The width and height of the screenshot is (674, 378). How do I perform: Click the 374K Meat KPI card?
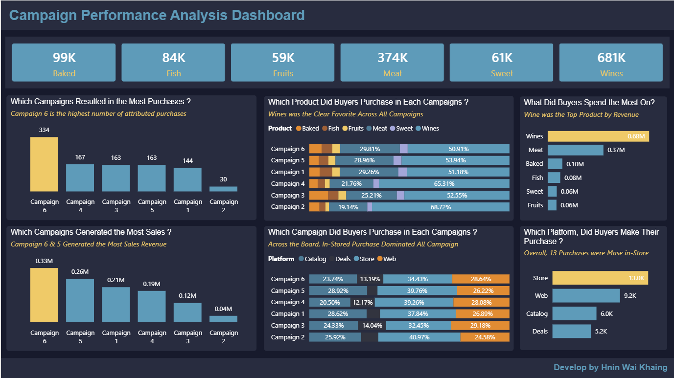click(x=392, y=63)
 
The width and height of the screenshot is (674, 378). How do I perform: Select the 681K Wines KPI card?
click(x=611, y=63)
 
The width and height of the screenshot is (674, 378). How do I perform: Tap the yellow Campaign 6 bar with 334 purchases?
click(x=44, y=164)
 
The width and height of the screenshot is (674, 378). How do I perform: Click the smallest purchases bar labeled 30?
click(x=223, y=189)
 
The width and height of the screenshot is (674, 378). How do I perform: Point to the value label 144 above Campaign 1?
click(x=187, y=160)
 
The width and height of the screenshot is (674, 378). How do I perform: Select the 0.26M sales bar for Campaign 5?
click(x=80, y=300)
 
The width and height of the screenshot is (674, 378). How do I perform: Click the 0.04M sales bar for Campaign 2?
click(x=223, y=319)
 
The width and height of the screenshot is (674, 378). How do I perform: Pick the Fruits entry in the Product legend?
click(x=352, y=129)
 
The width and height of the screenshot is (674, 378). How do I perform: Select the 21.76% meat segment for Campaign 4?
click(x=351, y=184)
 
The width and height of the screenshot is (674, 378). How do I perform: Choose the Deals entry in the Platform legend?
click(x=339, y=259)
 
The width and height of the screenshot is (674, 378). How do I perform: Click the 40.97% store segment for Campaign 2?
click(x=419, y=337)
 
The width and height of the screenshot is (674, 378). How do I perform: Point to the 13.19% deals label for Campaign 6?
click(x=370, y=279)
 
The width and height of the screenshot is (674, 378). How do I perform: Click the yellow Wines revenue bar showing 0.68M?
click(x=598, y=136)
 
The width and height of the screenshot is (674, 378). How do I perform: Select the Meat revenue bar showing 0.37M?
click(x=575, y=150)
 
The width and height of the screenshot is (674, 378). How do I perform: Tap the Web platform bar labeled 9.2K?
click(x=586, y=296)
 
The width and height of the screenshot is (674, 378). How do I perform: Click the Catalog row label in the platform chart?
click(x=536, y=313)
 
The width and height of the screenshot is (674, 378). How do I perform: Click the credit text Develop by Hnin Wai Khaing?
click(x=610, y=367)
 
